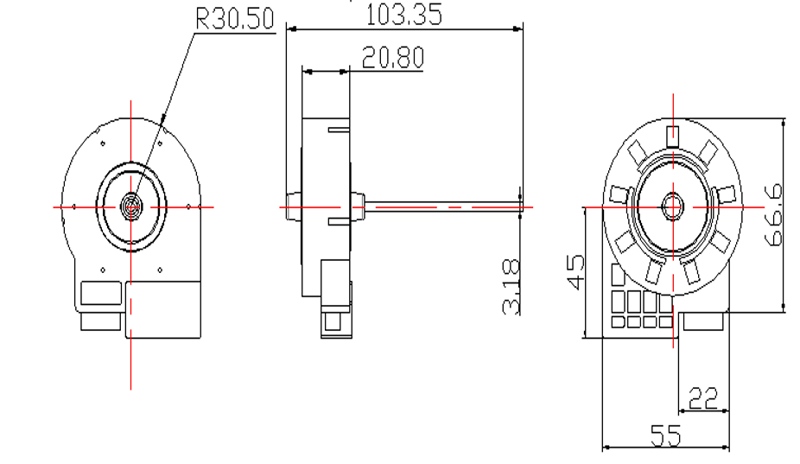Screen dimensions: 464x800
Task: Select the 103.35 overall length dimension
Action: pos(403,15)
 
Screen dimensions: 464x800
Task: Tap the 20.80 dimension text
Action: pos(393,58)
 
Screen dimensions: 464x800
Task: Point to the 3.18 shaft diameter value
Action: pos(511,286)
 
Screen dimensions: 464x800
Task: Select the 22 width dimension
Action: pos(704,398)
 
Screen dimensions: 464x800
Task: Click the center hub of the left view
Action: pos(131,207)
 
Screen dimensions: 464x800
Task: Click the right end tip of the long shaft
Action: pos(522,207)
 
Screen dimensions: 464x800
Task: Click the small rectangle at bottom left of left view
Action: pos(100,321)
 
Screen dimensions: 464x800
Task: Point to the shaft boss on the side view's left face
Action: pos(291,207)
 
